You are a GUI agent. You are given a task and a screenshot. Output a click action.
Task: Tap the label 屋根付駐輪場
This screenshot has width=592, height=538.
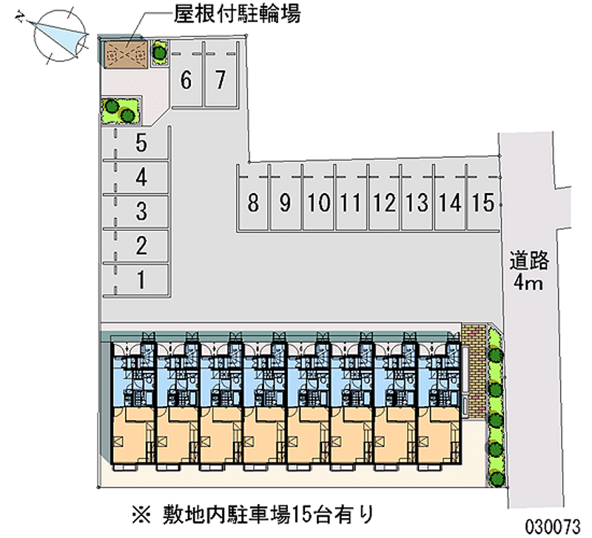pos(237,14)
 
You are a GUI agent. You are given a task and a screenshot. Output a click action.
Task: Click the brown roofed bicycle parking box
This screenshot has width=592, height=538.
pos(126,54)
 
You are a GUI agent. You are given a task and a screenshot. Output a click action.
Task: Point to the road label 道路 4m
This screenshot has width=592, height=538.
pos(528,271)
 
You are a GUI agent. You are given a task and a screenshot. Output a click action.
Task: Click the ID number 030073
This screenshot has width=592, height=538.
pos(552,526)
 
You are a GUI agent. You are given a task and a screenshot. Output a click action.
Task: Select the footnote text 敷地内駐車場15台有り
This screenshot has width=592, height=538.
pos(269,514)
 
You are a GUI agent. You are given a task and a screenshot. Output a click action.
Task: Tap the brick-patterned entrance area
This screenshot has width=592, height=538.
pos(474,370)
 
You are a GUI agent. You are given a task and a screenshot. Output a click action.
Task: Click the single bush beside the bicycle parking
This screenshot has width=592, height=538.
pos(159,53)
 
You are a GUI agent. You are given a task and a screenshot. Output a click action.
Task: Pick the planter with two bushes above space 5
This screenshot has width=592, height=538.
pos(121,111)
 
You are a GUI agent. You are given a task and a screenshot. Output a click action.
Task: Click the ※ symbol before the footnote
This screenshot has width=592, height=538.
pos(141,515)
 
